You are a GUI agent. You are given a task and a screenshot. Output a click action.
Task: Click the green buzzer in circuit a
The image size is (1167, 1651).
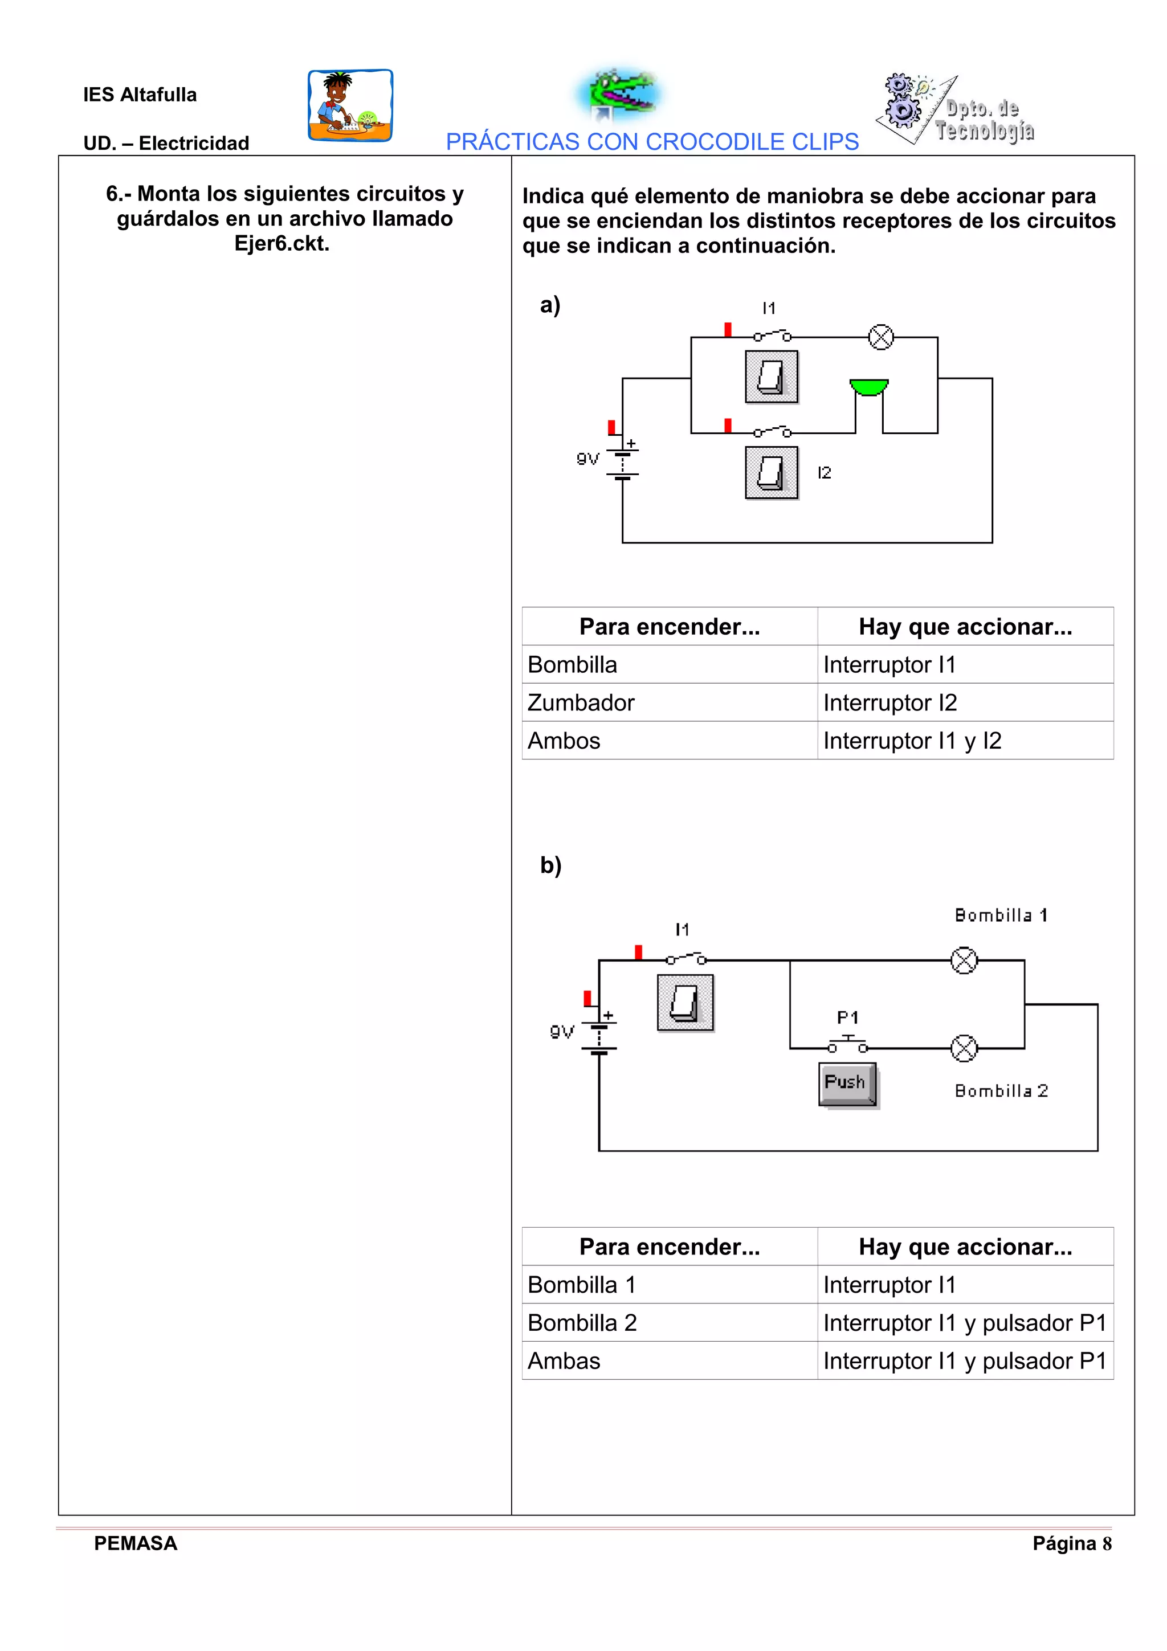tap(868, 387)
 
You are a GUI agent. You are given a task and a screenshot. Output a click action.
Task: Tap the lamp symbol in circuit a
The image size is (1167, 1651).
tap(881, 337)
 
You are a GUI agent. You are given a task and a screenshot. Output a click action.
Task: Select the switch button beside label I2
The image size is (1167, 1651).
tap(772, 472)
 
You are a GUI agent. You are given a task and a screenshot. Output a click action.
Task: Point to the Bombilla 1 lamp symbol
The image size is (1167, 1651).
tap(964, 960)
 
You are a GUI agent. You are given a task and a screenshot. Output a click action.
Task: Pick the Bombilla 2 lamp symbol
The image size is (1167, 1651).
tap(964, 1048)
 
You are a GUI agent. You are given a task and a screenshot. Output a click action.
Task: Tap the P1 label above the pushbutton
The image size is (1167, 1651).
tap(848, 1017)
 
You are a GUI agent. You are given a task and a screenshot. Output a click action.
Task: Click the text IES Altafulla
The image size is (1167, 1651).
tap(140, 94)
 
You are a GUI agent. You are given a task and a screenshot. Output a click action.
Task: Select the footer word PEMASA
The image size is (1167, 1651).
tap(135, 1543)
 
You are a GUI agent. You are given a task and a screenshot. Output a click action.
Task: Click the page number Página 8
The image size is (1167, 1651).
tap(1072, 1543)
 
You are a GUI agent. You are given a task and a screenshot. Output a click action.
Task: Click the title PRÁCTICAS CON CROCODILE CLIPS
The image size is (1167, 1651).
tap(652, 142)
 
